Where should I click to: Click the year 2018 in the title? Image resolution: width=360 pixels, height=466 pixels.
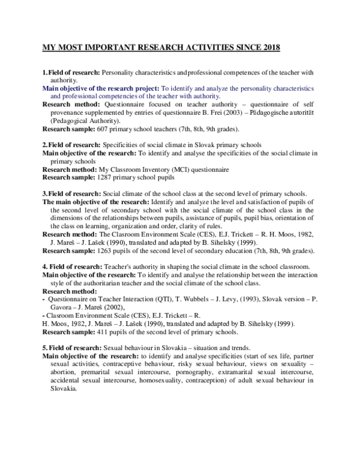[x=268, y=47]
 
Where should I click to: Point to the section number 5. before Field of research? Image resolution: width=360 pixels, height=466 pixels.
[x=45, y=348]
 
